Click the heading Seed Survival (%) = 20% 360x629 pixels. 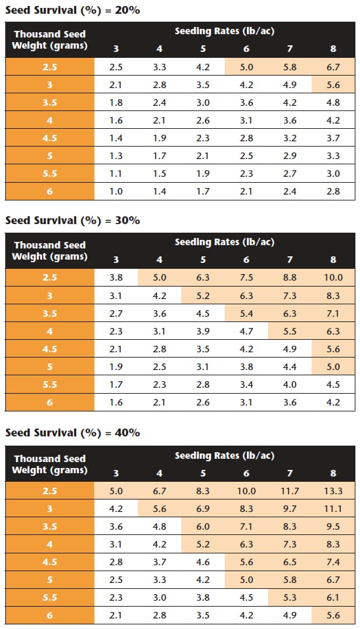coord(72,10)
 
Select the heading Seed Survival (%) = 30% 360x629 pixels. coord(72,221)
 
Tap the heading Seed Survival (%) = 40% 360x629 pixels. coord(72,433)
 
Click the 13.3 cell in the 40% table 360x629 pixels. coord(333,491)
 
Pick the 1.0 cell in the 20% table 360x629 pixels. coord(116,191)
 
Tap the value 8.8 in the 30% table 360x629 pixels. coord(290,277)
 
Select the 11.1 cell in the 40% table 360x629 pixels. coord(333,509)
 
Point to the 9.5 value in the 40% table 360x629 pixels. coord(333,526)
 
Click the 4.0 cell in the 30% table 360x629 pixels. coord(290,384)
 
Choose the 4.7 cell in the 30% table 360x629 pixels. coord(246,331)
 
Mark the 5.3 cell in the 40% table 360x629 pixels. coord(290,597)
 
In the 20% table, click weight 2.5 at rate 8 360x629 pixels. coord(333,67)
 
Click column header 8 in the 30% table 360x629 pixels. coord(333,260)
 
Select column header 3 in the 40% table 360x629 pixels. coord(116,473)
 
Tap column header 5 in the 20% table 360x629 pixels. coord(203,49)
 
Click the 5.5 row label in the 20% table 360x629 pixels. coord(50,174)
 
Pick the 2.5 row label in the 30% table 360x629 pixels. coord(50,277)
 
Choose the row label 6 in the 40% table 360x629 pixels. coord(50,615)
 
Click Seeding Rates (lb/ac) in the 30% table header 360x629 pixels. coord(225,243)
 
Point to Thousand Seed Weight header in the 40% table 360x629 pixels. coord(50,464)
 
